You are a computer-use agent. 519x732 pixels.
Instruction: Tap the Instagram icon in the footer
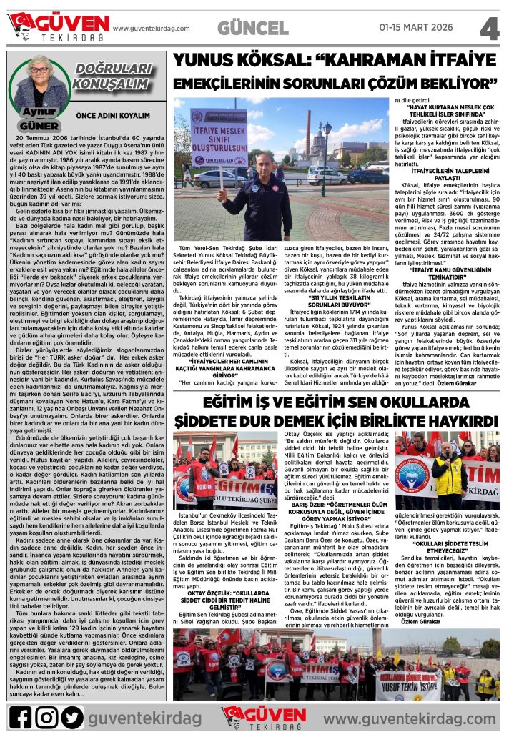coord(46,717)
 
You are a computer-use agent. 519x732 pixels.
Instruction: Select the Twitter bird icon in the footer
coord(71,717)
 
